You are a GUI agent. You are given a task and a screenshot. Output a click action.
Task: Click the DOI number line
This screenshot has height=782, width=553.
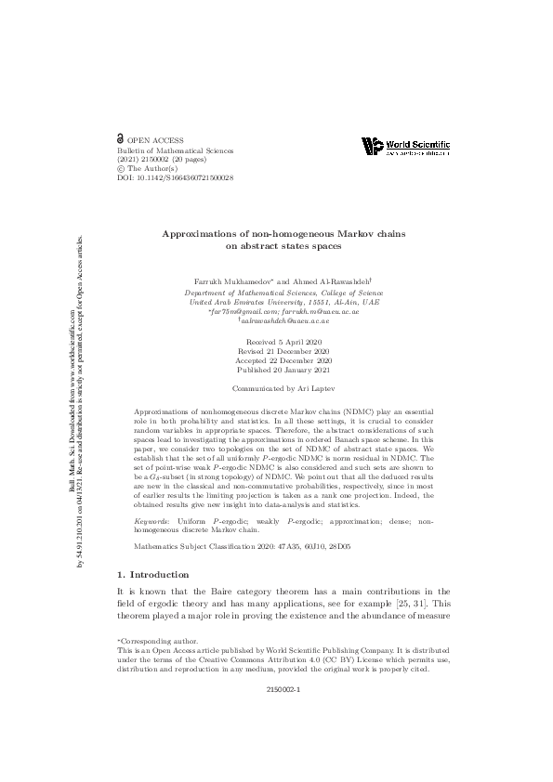coord(175,177)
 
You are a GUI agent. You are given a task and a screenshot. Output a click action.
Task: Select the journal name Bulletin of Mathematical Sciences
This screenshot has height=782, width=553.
coord(175,150)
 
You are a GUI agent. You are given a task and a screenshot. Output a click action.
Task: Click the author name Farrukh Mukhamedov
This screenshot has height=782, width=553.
coord(231,280)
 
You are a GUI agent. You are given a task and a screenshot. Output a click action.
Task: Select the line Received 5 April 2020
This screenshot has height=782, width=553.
coord(277,344)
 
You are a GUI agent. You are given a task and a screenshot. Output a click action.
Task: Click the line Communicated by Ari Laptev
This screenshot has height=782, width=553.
coord(277,391)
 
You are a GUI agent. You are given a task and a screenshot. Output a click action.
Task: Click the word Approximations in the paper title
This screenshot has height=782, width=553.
coord(198,236)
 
